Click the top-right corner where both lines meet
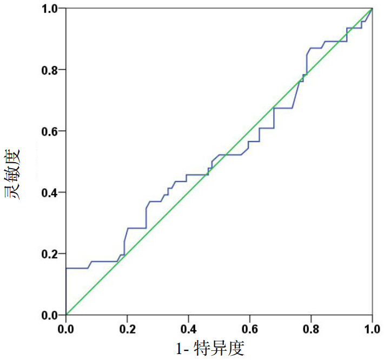pos(372,9)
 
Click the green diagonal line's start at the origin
pos(66,315)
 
